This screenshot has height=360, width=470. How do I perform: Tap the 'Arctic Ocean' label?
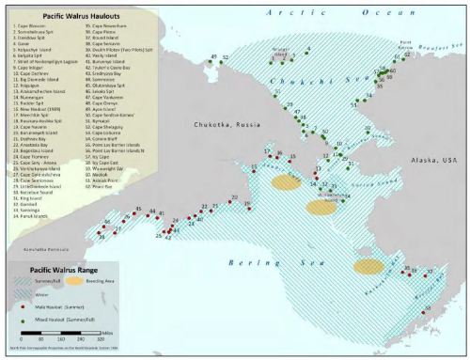[323, 10]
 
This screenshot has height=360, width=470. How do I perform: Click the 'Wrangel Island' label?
[284, 44]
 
